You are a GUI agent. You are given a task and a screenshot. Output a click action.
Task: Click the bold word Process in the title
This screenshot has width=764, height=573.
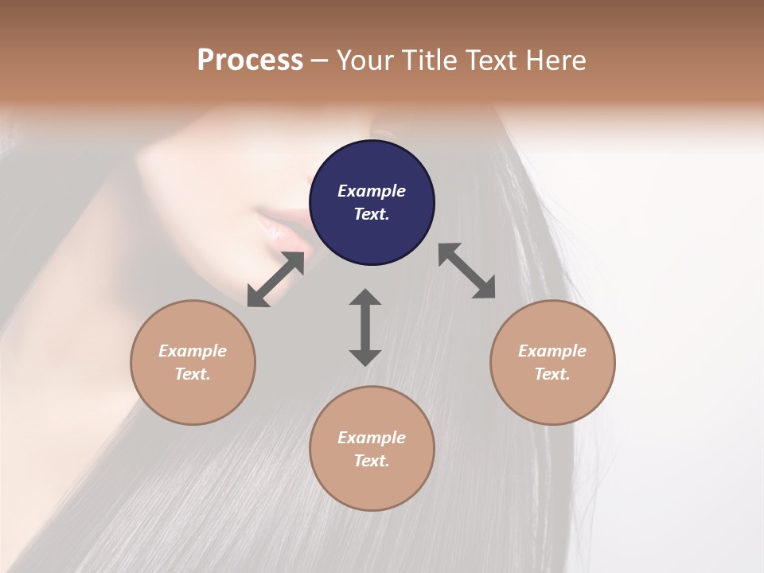pos(250,60)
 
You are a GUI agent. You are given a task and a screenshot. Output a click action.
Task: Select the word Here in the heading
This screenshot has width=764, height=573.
pos(555,60)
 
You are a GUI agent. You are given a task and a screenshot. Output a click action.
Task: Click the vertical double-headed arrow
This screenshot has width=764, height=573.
pos(365,327)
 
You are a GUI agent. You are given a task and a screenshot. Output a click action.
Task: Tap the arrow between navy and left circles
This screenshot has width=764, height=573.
pos(275,279)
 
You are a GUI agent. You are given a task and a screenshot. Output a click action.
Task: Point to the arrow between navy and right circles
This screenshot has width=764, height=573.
pos(467,271)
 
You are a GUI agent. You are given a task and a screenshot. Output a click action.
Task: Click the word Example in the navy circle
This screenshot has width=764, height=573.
pos(372,191)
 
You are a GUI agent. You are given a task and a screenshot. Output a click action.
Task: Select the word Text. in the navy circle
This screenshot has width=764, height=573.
pos(372,214)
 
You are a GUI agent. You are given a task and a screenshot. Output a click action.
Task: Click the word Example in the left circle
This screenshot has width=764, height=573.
pos(193,351)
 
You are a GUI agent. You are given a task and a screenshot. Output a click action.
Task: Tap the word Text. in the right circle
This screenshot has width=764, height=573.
pos(552,374)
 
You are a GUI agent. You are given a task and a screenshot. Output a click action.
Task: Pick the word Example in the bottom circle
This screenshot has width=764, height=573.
pos(372,438)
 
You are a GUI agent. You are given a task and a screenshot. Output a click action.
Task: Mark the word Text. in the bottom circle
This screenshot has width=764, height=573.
pos(372,461)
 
